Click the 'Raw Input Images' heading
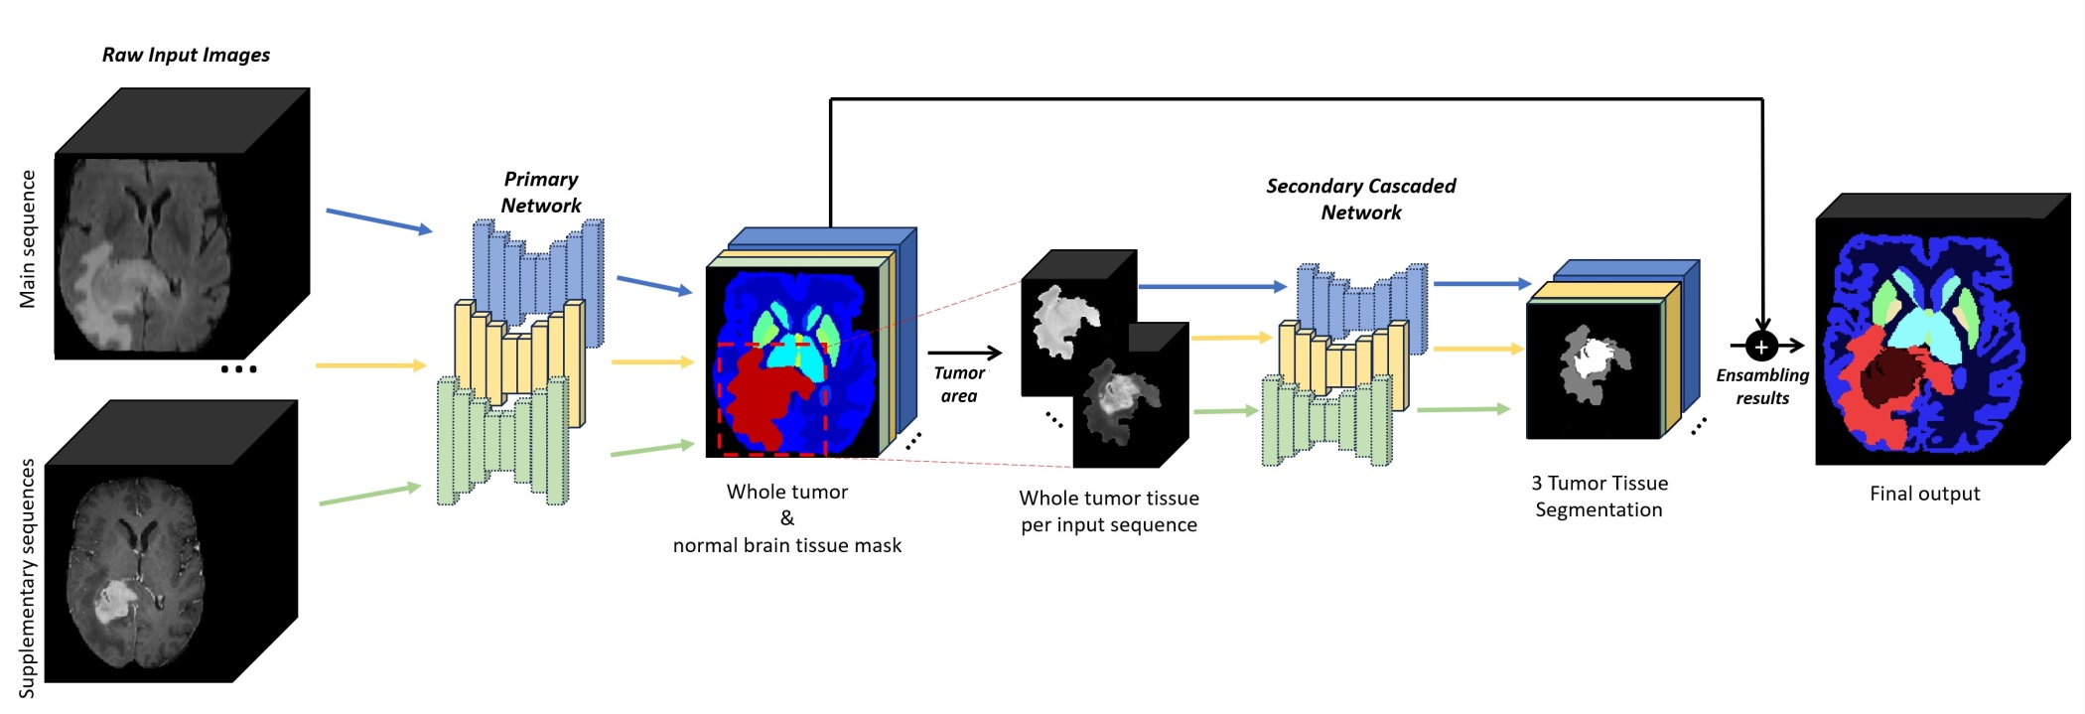(186, 55)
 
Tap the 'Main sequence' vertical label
(28, 239)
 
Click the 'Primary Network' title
(540, 192)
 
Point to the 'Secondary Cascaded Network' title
(1360, 199)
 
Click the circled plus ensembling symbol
(1761, 347)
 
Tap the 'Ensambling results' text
(1762, 386)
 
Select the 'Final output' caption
(1924, 494)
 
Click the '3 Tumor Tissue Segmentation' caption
(1598, 497)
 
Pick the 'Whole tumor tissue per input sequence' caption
(1109, 511)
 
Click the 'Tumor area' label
(959, 384)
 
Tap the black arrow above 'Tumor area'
(964, 353)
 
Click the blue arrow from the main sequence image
(378, 220)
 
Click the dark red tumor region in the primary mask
(764, 397)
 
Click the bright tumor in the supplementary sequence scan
(115, 601)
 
